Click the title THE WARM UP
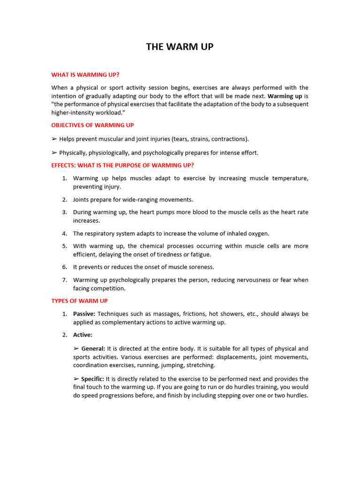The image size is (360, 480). [180, 47]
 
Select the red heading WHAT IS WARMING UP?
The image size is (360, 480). [85, 75]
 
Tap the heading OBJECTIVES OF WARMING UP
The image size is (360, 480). [92, 125]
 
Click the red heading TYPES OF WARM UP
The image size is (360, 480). [79, 301]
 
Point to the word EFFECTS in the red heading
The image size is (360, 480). [64, 165]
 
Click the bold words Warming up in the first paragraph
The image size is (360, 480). [285, 96]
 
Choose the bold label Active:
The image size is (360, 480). [82, 335]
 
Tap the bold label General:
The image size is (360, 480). [93, 349]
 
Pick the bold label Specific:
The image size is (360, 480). [93, 379]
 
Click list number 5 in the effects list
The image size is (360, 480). [65, 246]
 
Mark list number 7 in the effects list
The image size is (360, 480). [65, 280]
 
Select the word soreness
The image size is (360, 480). [202, 267]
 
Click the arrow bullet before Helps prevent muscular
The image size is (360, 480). [54, 139]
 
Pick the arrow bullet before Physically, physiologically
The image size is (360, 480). [54, 153]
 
